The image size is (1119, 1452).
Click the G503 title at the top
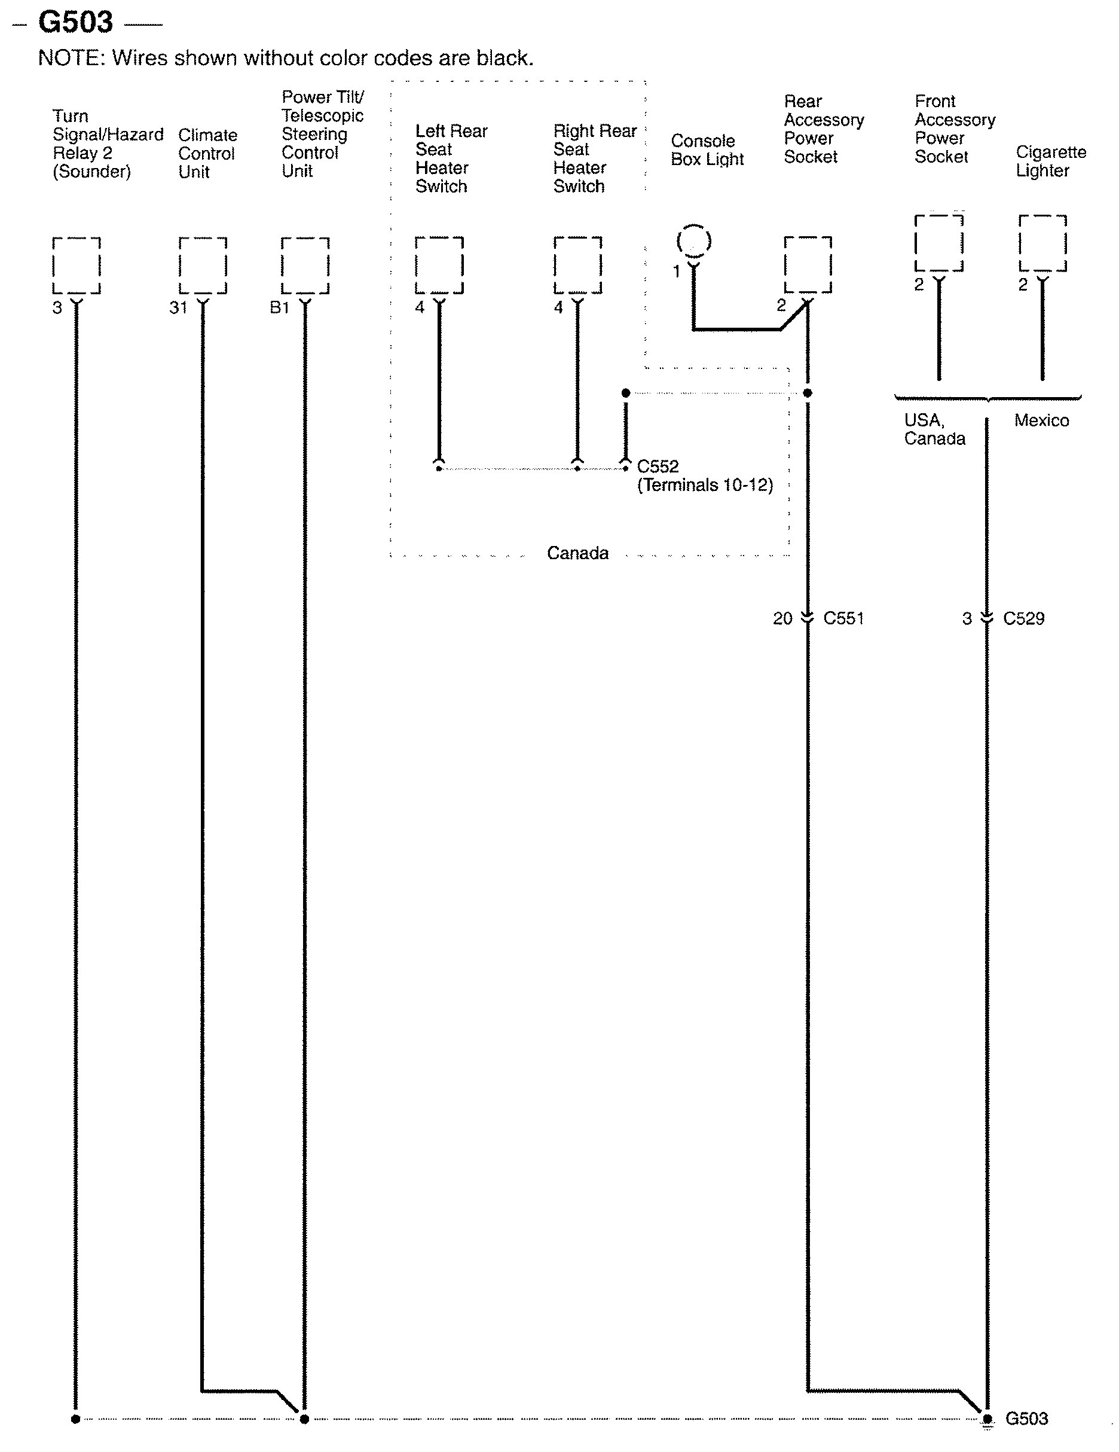tap(75, 23)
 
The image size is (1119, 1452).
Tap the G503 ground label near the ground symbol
tap(1026, 1418)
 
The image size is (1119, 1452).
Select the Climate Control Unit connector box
tap(203, 266)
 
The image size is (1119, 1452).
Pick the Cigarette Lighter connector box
tap(1042, 243)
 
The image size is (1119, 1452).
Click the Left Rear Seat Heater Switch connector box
tap(439, 266)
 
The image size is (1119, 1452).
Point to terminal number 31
tap(178, 308)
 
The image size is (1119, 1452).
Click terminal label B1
tap(279, 308)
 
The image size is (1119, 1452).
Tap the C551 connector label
tap(843, 618)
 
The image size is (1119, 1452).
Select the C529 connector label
tap(1023, 618)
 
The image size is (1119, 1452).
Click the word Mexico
tap(1041, 420)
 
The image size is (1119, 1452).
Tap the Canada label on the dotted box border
tap(577, 553)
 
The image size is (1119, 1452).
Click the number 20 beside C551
tap(782, 618)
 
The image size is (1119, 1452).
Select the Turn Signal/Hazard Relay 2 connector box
tap(77, 266)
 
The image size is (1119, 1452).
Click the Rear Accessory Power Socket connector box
tap(808, 264)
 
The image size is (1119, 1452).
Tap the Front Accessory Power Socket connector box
tap(938, 243)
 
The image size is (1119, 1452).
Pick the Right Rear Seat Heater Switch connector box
tap(577, 266)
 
